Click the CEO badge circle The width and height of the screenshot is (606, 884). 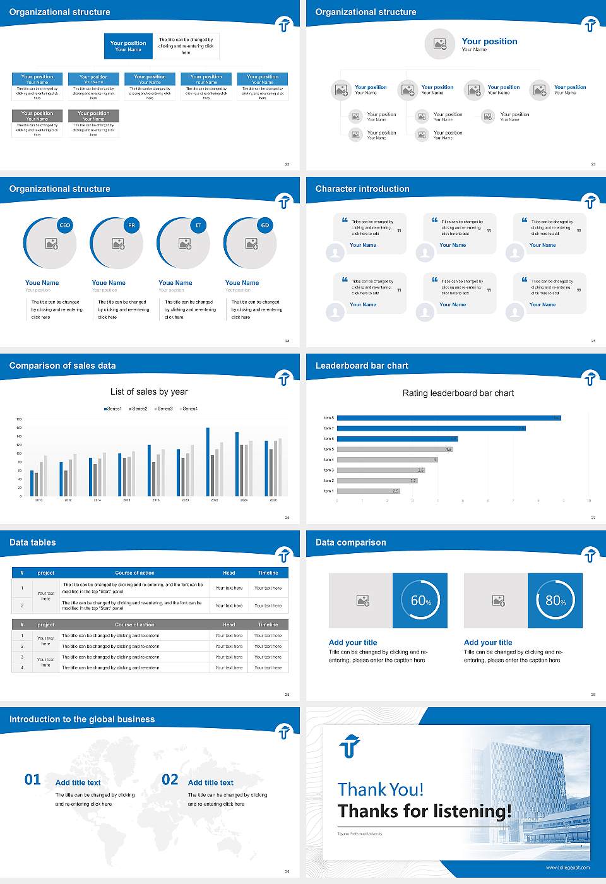(64, 225)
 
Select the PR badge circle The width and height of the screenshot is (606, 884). (131, 225)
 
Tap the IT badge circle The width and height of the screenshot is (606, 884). (198, 225)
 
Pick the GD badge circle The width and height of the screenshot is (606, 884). (265, 225)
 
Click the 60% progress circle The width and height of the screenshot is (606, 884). (420, 600)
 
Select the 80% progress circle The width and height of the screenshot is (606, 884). (555, 600)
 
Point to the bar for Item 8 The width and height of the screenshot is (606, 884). (448, 418)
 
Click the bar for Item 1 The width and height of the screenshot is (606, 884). (368, 491)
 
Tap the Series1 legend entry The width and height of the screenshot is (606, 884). (113, 409)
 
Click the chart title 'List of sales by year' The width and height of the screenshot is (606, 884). (149, 392)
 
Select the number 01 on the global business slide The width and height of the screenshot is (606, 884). (33, 780)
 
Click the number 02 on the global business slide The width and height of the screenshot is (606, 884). (170, 780)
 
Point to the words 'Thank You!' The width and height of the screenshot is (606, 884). (380, 789)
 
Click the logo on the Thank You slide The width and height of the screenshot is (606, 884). (349, 746)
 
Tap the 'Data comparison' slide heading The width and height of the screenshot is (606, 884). (350, 542)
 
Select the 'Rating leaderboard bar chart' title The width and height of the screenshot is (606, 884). (458, 393)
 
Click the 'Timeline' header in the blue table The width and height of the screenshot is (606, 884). (268, 573)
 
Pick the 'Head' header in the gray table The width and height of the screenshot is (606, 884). (229, 624)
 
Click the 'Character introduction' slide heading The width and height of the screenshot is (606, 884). (362, 189)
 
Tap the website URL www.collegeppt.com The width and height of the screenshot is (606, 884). (567, 868)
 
